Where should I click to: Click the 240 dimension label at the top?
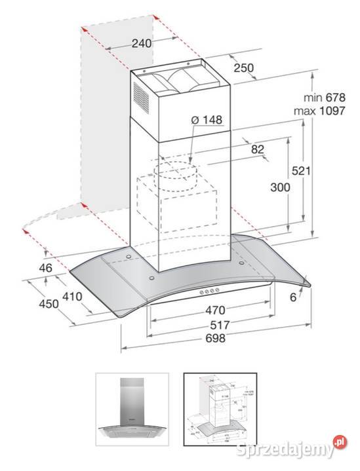(x=141, y=43)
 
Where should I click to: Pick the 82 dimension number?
(x=257, y=149)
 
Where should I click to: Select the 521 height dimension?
(x=318, y=171)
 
